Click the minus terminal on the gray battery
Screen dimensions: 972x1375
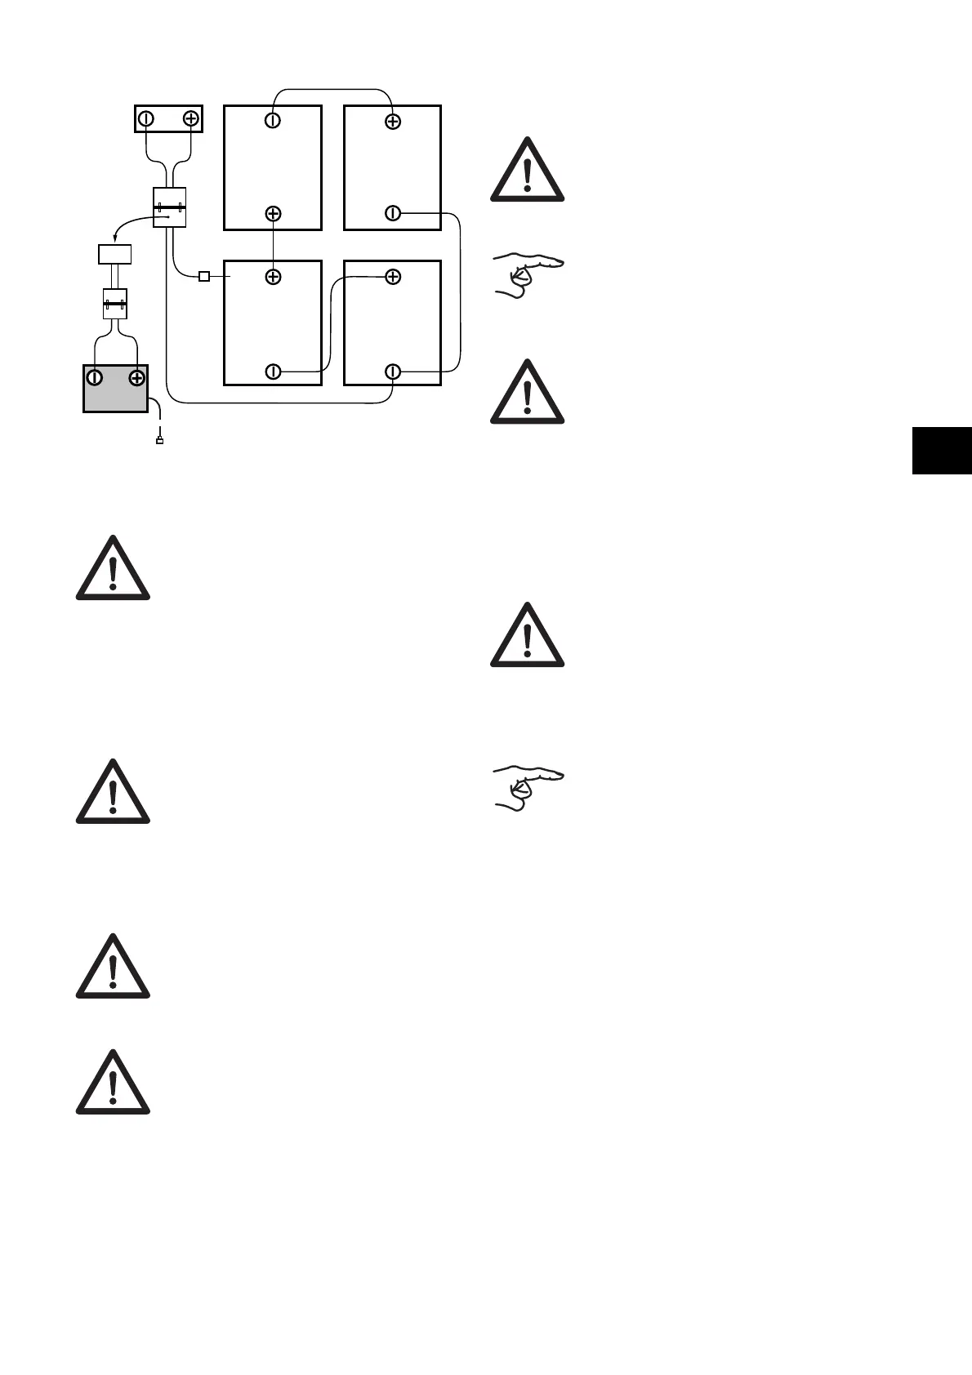[96, 377]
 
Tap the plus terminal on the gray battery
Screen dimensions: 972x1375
[136, 377]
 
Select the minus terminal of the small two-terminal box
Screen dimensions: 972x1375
[145, 118]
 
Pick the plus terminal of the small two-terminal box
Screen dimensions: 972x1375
[190, 118]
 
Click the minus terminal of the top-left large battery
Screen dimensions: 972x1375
[273, 121]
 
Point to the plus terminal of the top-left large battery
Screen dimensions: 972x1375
[273, 214]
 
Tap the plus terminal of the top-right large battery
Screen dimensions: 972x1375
[393, 121]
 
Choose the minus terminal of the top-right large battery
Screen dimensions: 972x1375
[393, 214]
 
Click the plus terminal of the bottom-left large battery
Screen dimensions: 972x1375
[273, 277]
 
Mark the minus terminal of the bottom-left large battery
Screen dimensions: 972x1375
[273, 372]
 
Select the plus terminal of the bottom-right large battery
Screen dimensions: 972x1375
[393, 277]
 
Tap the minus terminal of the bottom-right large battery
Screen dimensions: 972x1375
[393, 372]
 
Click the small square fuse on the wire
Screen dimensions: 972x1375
[204, 277]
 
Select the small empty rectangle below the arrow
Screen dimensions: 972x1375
[115, 254]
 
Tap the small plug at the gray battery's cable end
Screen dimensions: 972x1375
[159, 442]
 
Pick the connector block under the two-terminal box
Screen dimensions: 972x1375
[170, 207]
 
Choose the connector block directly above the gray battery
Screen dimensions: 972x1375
[115, 304]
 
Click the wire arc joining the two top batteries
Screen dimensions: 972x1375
[332, 89]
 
